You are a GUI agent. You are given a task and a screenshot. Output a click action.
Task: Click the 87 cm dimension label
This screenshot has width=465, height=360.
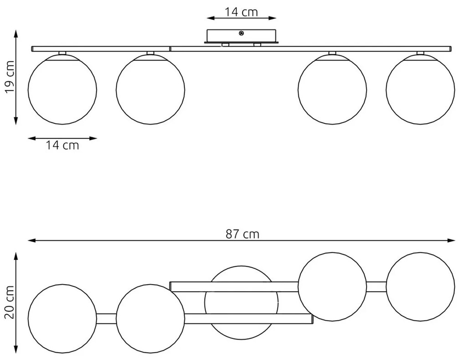[x=242, y=234]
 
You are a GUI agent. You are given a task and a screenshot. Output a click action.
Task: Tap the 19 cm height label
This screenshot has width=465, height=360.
[x=10, y=77]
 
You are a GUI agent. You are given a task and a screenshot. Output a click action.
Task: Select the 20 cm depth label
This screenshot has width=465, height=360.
[x=10, y=302]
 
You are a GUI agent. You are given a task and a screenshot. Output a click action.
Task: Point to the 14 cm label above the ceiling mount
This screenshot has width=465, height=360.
[x=241, y=12]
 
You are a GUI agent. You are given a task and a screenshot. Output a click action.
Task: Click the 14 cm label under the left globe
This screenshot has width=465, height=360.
[x=62, y=146]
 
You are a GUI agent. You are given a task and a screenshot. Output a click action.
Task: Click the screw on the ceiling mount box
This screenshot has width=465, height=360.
[x=242, y=34]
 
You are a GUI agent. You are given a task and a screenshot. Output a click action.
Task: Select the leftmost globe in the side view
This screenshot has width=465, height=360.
[x=62, y=89]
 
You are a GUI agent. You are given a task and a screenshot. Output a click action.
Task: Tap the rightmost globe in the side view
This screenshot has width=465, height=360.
[x=420, y=89]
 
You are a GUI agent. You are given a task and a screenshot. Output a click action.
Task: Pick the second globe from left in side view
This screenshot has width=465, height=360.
[x=150, y=89]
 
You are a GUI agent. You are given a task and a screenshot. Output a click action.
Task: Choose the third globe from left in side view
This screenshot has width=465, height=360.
[x=332, y=89]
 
